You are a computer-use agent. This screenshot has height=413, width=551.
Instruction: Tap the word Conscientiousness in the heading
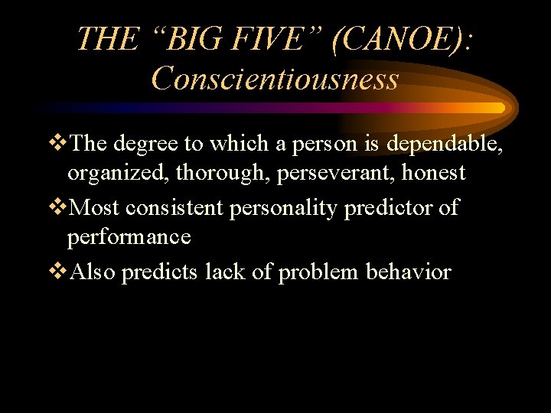[275, 78]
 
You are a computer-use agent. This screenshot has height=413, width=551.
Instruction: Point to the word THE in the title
[107, 39]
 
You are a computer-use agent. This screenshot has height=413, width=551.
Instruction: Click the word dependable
[443, 143]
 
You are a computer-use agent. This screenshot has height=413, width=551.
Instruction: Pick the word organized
[119, 174]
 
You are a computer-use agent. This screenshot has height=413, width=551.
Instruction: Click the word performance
[129, 238]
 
